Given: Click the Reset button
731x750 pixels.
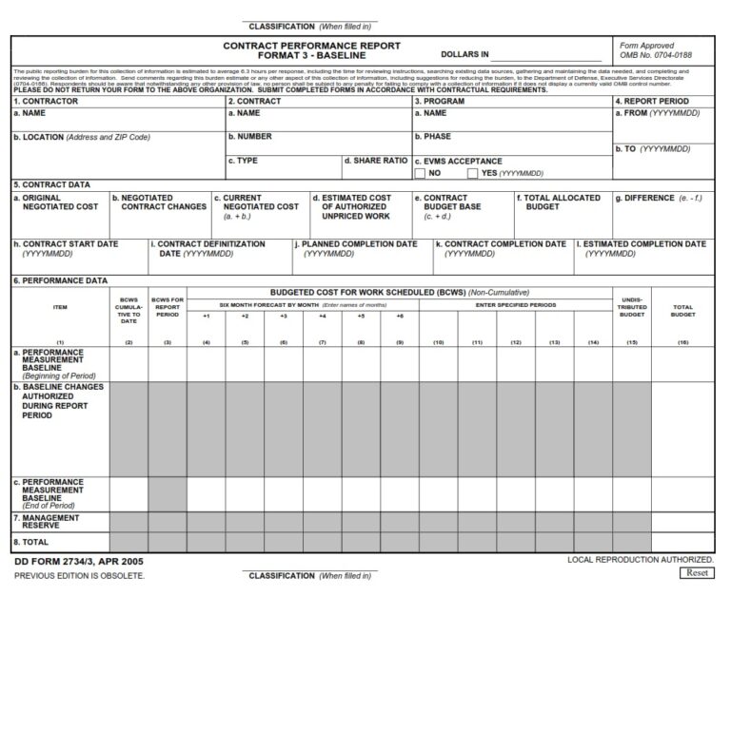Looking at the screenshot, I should coord(698,573).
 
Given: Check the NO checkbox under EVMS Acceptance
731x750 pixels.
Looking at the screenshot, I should coord(420,174).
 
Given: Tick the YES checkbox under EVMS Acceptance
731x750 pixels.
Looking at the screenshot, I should coord(472,174).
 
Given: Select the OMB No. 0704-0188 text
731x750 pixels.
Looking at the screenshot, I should coord(655,55).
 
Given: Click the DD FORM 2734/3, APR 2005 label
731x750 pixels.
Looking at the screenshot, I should coord(79,562).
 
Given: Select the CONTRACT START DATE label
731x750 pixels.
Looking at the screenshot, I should coord(67,244).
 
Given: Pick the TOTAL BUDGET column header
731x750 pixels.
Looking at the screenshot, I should coord(682,310).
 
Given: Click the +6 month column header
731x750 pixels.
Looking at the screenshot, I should coord(400,316).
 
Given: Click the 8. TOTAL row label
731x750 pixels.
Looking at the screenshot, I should coord(30,542).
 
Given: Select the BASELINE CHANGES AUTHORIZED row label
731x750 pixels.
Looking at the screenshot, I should coord(59,401).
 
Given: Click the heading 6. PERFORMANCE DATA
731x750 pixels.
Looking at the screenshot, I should coord(60,281).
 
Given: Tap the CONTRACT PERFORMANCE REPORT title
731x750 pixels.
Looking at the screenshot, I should coord(311,46).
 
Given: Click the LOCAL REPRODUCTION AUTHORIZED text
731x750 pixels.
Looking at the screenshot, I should coord(640,560).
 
